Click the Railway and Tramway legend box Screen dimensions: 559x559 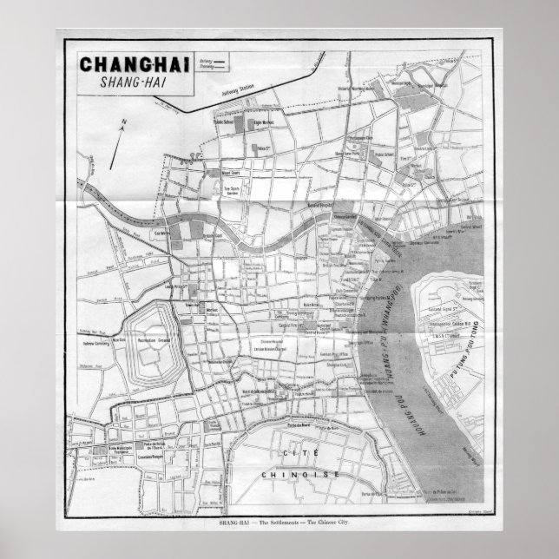(211, 62)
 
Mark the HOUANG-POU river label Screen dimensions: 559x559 (391, 382)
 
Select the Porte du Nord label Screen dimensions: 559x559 (298, 424)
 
